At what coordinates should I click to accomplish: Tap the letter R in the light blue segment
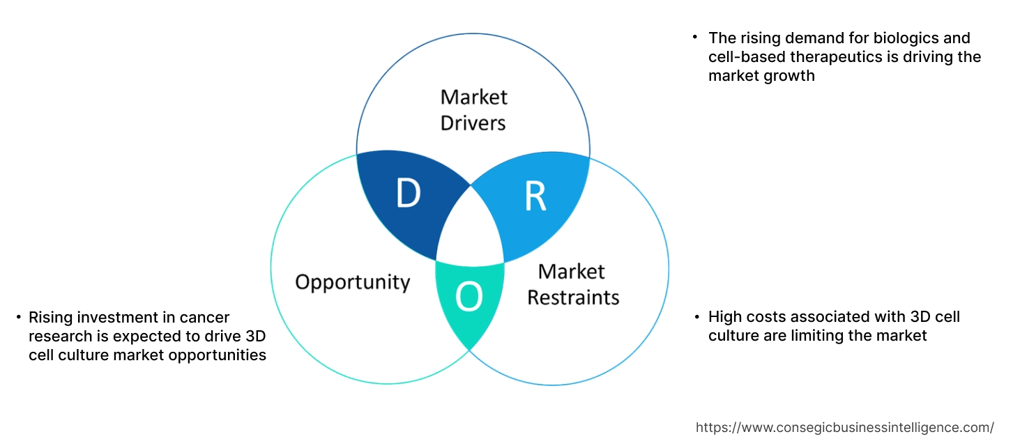535,196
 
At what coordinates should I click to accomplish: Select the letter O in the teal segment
469,298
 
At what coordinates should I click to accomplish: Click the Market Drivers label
473,109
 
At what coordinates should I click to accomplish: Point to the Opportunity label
352,282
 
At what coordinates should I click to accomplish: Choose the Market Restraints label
572,284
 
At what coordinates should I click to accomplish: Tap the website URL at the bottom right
845,427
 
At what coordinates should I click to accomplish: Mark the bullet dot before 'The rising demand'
694,36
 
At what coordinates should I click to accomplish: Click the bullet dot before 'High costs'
696,317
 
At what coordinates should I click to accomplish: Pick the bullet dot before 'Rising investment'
18,318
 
